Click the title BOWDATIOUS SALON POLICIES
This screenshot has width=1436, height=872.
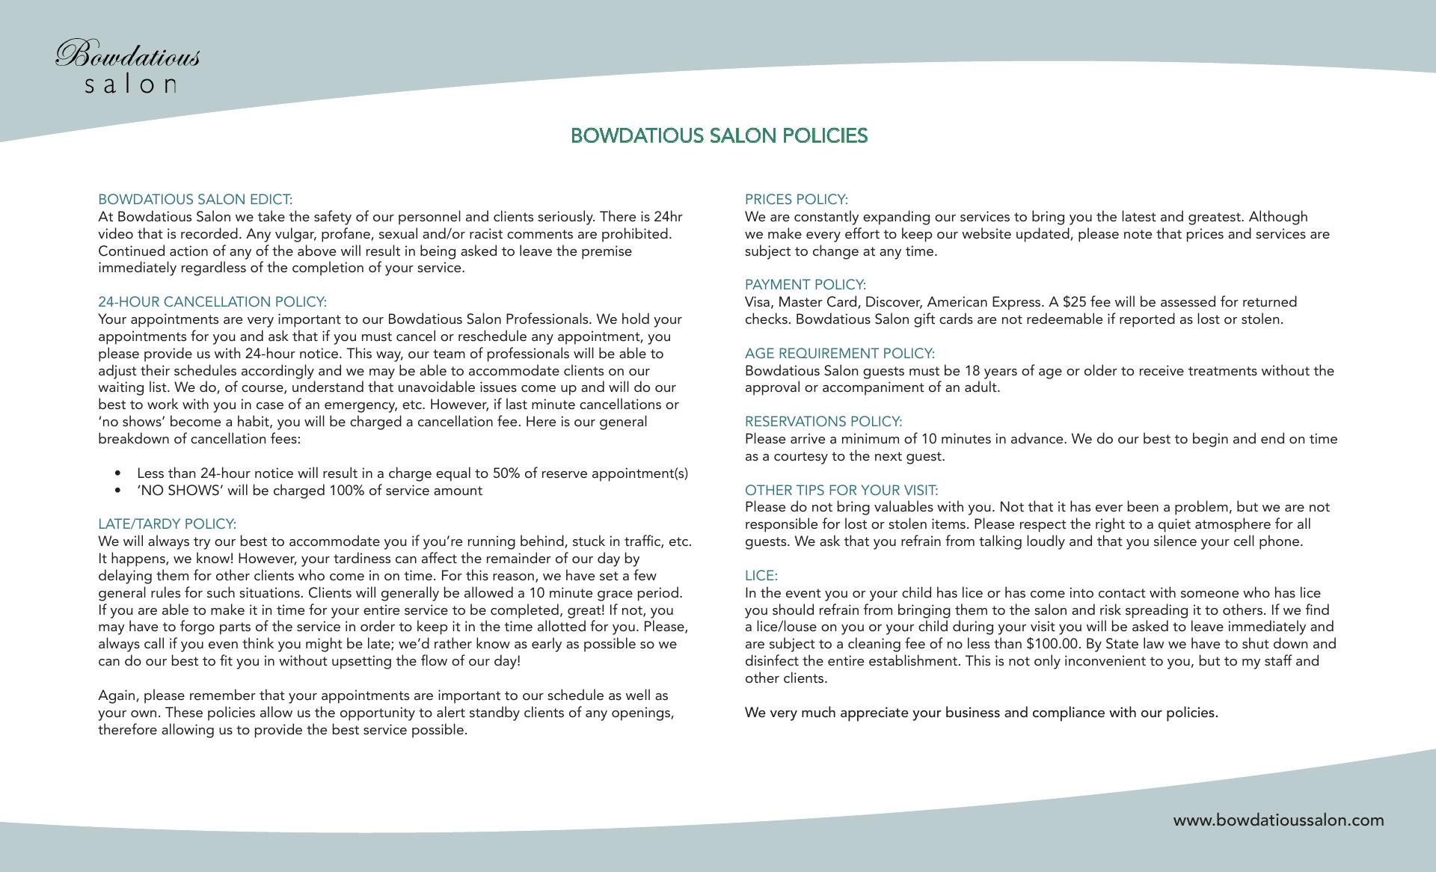pos(719,136)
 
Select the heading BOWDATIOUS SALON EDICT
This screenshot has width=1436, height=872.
pos(195,200)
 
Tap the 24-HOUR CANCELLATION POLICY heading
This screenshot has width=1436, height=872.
pos(212,302)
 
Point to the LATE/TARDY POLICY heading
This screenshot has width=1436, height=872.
pos(167,524)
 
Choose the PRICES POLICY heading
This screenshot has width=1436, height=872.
pos(796,200)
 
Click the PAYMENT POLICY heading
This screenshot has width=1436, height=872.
pos(805,285)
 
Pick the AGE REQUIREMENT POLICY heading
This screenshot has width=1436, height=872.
pos(839,354)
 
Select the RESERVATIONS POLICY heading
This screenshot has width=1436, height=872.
pos(823,422)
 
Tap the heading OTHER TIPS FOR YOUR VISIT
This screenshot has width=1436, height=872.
pos(841,491)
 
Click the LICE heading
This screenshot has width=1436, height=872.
pos(761,576)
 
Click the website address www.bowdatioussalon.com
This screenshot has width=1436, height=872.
pos(1278,820)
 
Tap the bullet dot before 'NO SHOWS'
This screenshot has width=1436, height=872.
pos(118,491)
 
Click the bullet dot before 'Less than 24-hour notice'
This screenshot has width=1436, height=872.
pos(118,473)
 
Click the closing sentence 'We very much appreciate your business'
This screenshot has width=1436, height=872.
pos(981,713)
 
